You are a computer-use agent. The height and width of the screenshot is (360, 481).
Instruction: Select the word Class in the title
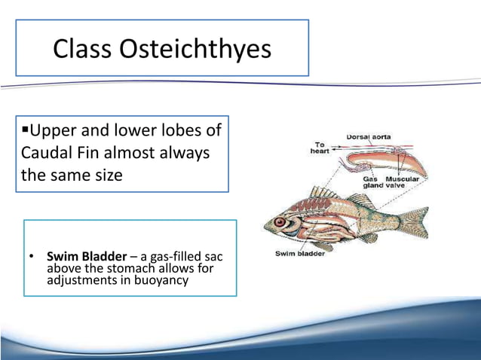pos(81,49)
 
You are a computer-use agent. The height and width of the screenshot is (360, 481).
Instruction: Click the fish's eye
pos(280,223)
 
